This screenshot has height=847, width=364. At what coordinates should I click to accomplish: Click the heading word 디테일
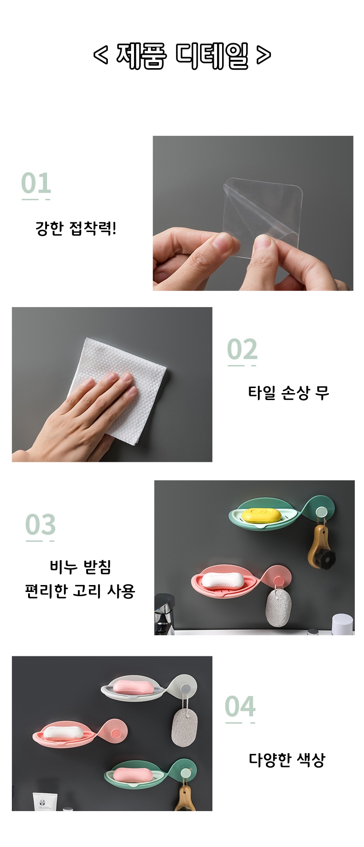(x=212, y=56)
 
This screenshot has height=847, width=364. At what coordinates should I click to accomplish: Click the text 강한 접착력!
(x=76, y=228)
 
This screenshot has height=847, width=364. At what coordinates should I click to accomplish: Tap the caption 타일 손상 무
(x=289, y=393)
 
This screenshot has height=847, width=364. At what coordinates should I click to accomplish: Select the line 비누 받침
(x=80, y=567)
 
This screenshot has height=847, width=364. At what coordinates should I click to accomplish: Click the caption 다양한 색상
(x=287, y=760)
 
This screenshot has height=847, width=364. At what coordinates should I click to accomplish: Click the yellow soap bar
(x=261, y=515)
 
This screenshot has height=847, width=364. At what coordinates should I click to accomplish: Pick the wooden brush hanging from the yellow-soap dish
(x=321, y=548)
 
